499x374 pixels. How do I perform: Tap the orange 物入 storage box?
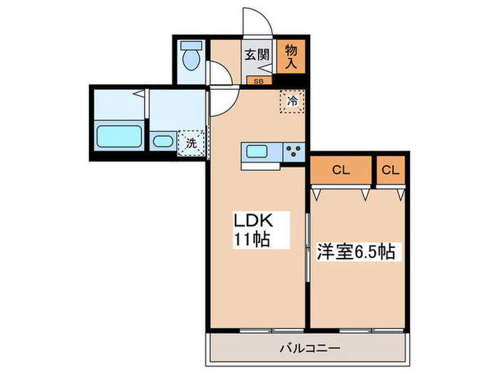pos(291,56)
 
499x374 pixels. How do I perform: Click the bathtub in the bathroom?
pos(118,135)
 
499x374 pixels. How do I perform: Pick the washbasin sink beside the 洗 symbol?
pos(163,141)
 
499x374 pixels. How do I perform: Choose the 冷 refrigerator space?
pos(292,101)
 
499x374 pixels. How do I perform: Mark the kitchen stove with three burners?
pos(293,151)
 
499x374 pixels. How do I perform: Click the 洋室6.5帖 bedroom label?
pos(356,251)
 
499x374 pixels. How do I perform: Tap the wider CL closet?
pos(340,170)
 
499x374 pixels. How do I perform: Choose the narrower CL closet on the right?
pos(390,170)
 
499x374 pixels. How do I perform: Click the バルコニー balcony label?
pos(308,348)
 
